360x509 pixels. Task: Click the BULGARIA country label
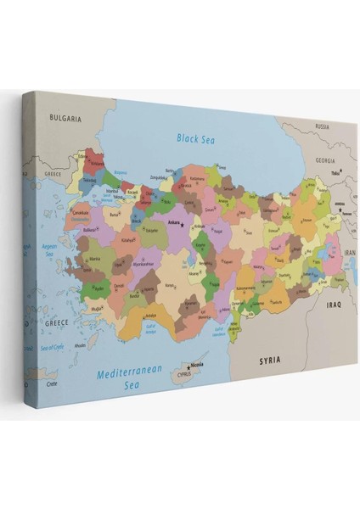pos(65,118)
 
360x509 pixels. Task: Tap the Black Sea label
pos(197,137)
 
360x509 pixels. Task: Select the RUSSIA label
pos(322,126)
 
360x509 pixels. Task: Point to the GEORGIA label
pos(324,159)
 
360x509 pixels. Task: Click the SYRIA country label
pos(271,361)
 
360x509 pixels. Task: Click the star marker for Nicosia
pos(188,366)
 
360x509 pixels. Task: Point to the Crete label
pos(53,383)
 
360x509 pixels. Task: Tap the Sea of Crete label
pos(53,348)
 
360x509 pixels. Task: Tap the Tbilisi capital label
pos(335,173)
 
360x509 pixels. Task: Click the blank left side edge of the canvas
pos(30,255)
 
